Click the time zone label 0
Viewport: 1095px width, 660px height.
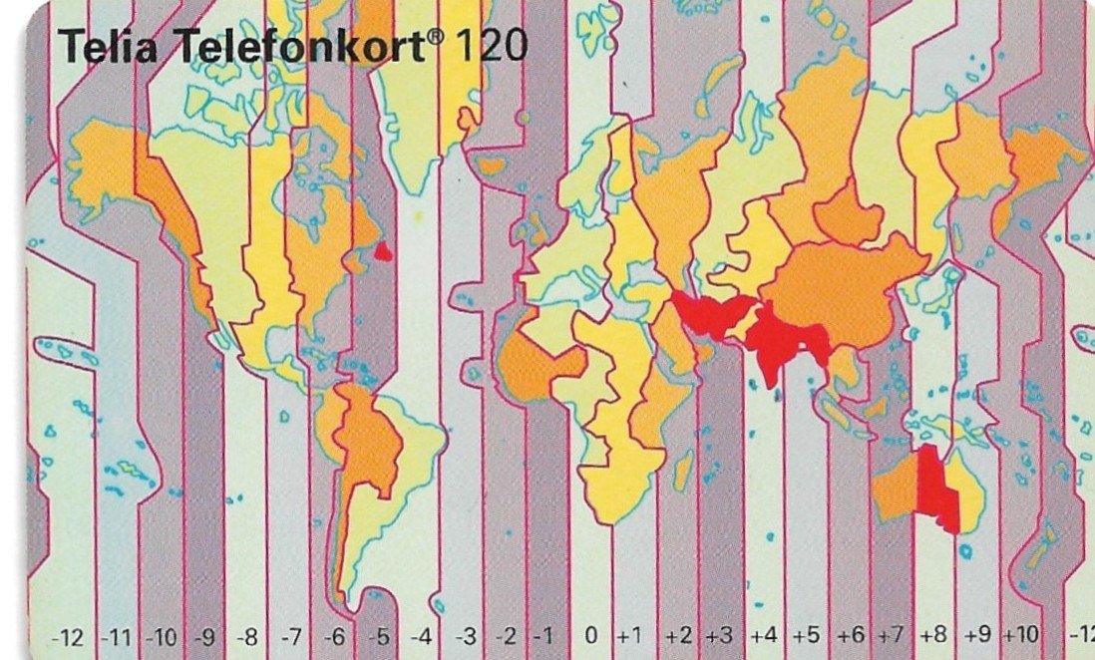[x=591, y=634]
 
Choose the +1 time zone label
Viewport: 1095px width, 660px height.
[x=629, y=634]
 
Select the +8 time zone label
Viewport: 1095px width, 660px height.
[x=933, y=634]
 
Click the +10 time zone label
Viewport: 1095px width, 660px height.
[x=1021, y=634]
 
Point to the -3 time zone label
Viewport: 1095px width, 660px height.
[x=465, y=634]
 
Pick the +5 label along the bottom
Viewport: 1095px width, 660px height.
[x=806, y=634]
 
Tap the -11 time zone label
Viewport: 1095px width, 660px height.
[x=118, y=634]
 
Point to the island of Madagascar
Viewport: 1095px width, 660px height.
[x=684, y=469]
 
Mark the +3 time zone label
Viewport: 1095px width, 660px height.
[x=719, y=634]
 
